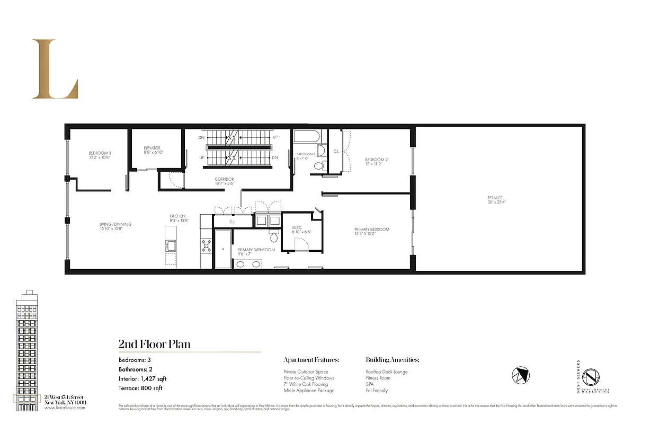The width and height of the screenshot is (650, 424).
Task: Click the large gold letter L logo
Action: tap(55, 69)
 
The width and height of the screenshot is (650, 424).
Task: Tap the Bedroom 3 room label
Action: tap(100, 153)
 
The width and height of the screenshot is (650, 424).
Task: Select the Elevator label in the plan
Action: tap(152, 148)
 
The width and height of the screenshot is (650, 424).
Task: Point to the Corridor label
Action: tap(225, 179)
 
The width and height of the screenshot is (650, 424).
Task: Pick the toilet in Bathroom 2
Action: tap(318, 165)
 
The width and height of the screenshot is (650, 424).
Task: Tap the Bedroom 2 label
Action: tap(377, 160)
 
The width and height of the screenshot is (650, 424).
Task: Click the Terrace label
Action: tap(495, 198)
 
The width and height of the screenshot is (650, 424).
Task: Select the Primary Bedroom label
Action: tap(372, 229)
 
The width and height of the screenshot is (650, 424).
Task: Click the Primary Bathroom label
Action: tap(256, 250)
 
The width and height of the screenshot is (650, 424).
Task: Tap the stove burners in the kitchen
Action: tap(206, 245)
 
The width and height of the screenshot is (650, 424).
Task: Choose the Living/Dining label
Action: tap(115, 224)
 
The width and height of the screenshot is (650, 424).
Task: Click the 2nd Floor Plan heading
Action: tap(154, 344)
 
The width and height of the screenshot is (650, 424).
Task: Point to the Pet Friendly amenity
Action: tap(377, 391)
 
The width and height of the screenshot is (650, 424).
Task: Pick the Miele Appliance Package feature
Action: tap(309, 391)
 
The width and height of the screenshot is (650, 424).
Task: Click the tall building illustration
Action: tap(27, 350)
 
